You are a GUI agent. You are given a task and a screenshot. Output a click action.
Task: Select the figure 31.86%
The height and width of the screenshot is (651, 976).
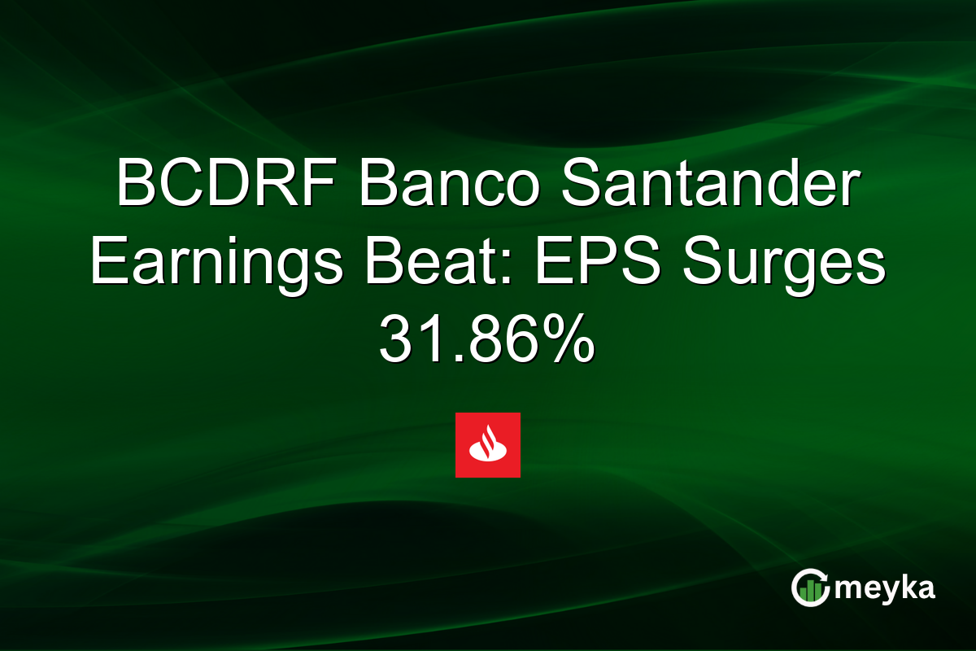[487, 341]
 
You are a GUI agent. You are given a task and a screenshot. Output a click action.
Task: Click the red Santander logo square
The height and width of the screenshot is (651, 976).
[487, 445]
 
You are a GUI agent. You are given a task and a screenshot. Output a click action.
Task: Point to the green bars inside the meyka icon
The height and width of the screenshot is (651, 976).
[810, 592]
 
